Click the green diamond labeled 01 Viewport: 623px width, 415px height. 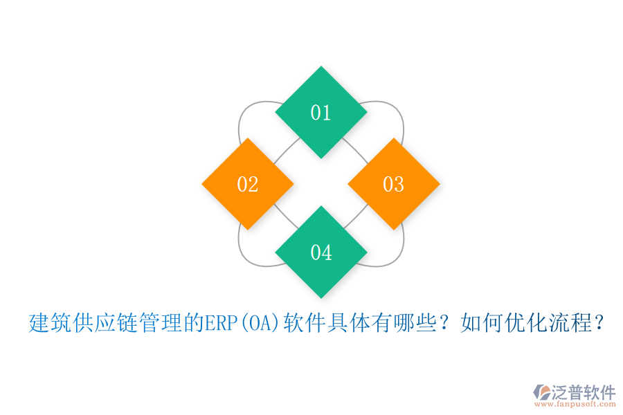coord(320,112)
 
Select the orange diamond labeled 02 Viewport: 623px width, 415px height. coord(248,184)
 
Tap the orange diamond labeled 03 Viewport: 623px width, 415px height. coord(393,184)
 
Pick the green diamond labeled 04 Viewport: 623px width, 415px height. coord(320,252)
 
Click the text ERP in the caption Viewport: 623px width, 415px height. coord(221,323)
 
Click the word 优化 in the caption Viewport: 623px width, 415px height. coord(514,323)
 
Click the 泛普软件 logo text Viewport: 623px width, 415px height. coord(583,391)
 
